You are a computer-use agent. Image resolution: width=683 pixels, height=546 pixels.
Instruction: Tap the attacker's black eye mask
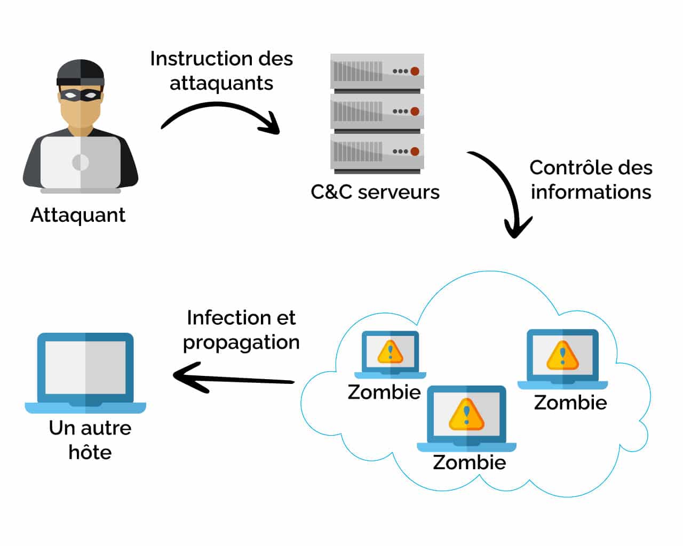pyautogui.click(x=81, y=95)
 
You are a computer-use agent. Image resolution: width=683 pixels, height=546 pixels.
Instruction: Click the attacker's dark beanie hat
pyautogui.click(x=81, y=73)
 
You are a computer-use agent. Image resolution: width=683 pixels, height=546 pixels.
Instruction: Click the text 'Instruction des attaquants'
pyautogui.click(x=221, y=70)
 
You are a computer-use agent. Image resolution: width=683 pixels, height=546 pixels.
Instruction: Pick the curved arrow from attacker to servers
pyautogui.click(x=219, y=105)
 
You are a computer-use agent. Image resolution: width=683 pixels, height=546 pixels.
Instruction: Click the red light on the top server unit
pyautogui.click(x=415, y=71)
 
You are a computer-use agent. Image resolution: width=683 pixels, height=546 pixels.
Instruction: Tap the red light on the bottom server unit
pyautogui.click(x=415, y=151)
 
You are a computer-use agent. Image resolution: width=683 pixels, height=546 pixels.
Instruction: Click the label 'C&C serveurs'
pyautogui.click(x=375, y=192)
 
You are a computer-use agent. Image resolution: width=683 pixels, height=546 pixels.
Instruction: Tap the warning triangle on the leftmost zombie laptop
pyautogui.click(x=391, y=351)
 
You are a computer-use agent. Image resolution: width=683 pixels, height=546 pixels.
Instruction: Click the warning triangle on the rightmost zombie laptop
pyautogui.click(x=563, y=355)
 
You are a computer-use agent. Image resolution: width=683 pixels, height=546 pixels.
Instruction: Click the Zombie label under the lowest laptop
pyautogui.click(x=470, y=462)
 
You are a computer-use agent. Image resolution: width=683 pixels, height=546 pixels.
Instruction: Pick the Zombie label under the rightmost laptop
pyautogui.click(x=570, y=403)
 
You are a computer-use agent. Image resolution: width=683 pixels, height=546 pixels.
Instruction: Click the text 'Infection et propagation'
pyautogui.click(x=241, y=330)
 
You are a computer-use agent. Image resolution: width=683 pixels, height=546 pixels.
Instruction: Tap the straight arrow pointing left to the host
pyautogui.click(x=234, y=378)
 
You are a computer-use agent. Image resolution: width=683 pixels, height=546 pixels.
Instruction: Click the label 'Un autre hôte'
pyautogui.click(x=90, y=440)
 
